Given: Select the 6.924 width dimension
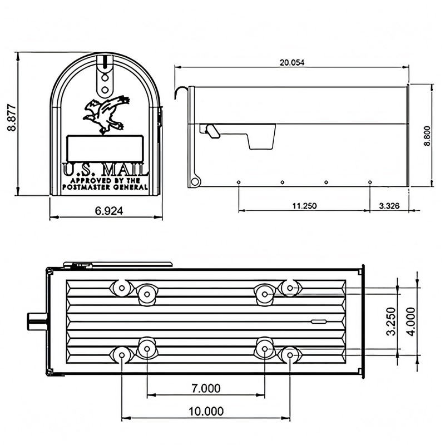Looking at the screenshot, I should tap(106, 210).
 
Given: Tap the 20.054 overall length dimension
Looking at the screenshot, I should tap(291, 63).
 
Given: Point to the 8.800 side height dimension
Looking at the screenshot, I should tap(427, 135).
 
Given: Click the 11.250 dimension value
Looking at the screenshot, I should tap(304, 206).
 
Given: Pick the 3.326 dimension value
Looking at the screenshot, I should tap(389, 206).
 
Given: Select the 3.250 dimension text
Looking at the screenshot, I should tap(391, 321).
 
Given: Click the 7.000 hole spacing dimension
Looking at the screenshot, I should tap(205, 388).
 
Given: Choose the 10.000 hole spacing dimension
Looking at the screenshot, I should tap(205, 411).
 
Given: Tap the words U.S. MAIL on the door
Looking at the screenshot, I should tap(106, 169).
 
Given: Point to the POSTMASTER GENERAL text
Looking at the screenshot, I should tap(106, 187).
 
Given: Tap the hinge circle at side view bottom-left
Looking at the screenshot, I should tap(195, 181).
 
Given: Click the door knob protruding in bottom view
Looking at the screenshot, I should tap(36, 321).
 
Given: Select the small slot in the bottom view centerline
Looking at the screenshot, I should tap(319, 322).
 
